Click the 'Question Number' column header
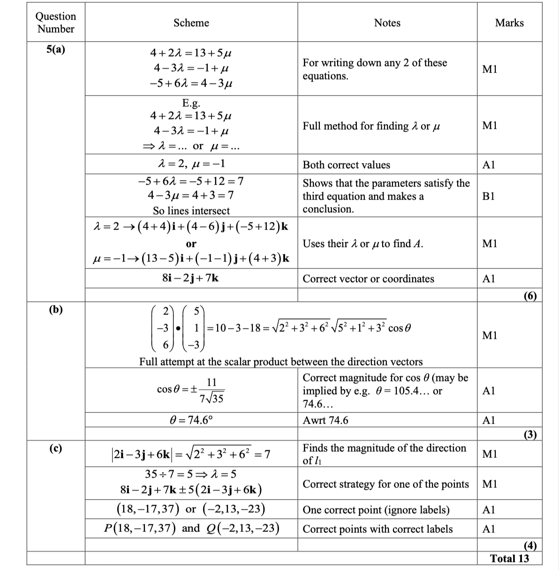click(55, 22)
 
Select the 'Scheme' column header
click(191, 22)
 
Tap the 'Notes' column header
click(387, 22)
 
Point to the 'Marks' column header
click(509, 22)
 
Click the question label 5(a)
click(56, 50)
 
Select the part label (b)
click(56, 309)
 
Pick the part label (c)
click(56, 448)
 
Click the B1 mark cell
click(488, 196)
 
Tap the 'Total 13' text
click(509, 558)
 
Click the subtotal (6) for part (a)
click(530, 295)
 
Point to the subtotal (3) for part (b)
click(530, 435)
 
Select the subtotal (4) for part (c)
click(530, 545)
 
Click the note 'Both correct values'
click(346, 165)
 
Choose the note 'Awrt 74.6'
click(325, 420)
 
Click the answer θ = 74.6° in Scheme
click(191, 420)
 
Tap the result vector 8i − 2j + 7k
click(190, 278)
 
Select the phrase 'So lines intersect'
click(191, 211)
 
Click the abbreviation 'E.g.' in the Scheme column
click(191, 103)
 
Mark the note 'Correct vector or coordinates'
click(368, 279)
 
